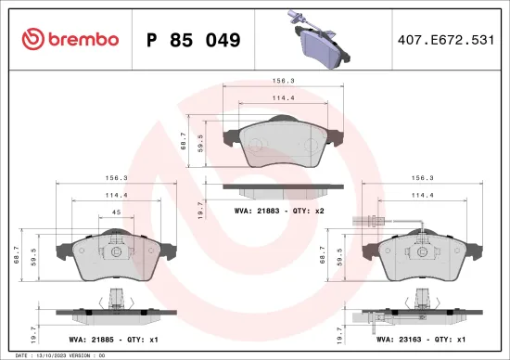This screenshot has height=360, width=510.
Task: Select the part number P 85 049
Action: coord(194,40)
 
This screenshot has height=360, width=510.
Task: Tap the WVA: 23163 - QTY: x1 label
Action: coord(422,340)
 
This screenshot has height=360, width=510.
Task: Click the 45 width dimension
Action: coord(116,213)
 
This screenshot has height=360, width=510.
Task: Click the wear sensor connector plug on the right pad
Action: coord(363,219)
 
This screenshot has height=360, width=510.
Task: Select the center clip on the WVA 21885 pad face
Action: coord(116,251)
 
